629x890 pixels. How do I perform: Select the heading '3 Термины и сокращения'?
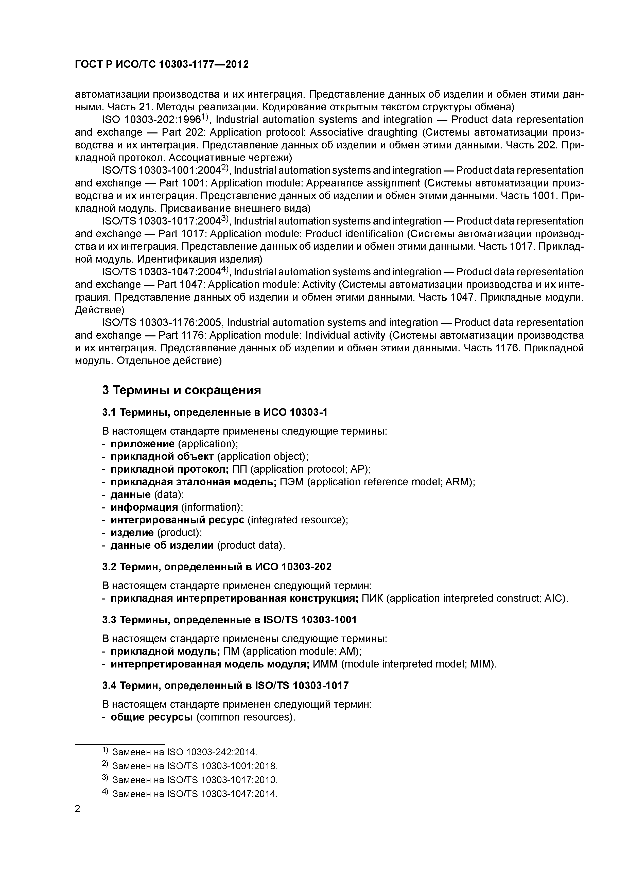[181, 390]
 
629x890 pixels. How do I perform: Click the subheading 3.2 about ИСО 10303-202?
[217, 567]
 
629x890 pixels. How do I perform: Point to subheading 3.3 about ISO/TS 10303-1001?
[229, 620]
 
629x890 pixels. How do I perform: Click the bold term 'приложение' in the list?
[143, 444]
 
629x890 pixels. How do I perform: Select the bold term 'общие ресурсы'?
[151, 717]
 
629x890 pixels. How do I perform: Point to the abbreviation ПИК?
[372, 598]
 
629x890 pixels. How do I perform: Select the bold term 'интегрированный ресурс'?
[177, 520]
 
